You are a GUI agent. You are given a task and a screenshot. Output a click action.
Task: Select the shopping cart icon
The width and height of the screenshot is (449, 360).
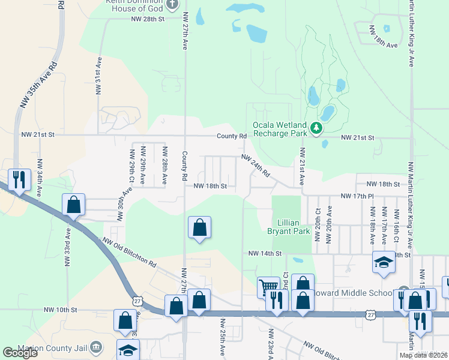[x=268, y=286]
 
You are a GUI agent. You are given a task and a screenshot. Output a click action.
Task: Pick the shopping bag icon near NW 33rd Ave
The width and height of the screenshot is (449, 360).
[x=73, y=204]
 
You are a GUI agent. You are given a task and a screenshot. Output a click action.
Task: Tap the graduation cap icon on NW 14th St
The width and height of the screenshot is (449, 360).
[x=384, y=262]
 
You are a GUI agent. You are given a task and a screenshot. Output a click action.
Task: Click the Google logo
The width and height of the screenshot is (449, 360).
[x=20, y=353]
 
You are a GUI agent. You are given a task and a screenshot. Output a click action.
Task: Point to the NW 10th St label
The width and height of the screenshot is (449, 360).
[x=61, y=310]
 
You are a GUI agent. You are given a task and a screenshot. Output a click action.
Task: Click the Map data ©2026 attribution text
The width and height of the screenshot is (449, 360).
[x=423, y=355]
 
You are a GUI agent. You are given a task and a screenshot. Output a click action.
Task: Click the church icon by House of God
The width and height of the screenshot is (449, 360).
[x=172, y=5]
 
